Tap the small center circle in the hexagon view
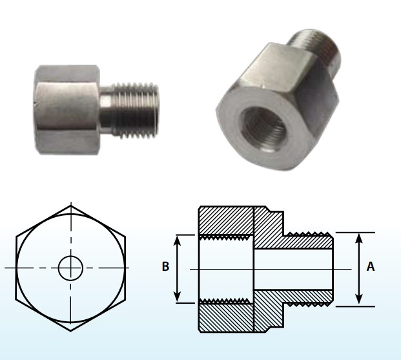coord(70,268)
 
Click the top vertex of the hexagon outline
coord(70,205)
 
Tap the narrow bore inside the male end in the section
coord(294,268)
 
